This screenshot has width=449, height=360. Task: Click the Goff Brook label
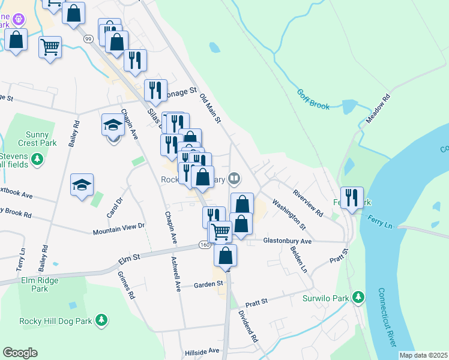(x=313, y=100)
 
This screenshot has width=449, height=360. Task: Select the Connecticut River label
(x=387, y=317)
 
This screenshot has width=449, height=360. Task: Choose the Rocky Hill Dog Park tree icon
(x=101, y=321)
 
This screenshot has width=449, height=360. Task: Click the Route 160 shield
(x=205, y=245)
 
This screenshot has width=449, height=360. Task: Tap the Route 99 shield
(x=88, y=39)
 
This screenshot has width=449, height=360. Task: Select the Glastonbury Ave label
(x=288, y=241)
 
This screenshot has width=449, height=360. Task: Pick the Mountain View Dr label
(x=119, y=229)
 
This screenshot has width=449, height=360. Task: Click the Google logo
(x=20, y=353)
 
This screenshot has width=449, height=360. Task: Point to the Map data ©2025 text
(x=423, y=355)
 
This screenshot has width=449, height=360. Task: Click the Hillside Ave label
(x=202, y=351)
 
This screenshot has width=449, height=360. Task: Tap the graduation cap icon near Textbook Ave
(x=82, y=184)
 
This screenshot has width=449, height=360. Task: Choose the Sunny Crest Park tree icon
(x=37, y=159)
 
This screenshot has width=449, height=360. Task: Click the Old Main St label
(x=210, y=109)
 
